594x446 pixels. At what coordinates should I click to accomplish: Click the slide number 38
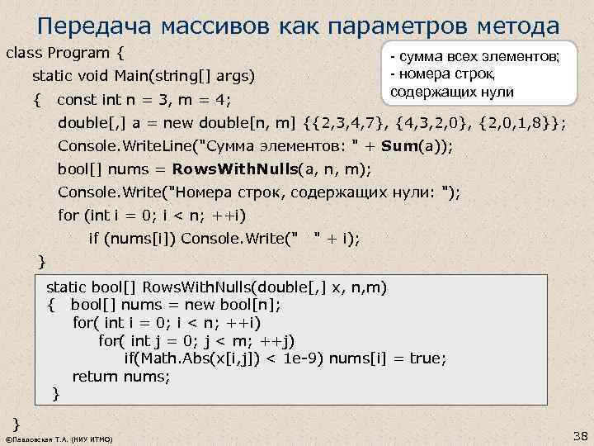577,434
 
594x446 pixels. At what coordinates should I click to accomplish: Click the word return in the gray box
96,377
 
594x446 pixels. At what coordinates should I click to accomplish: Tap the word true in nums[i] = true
427,358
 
